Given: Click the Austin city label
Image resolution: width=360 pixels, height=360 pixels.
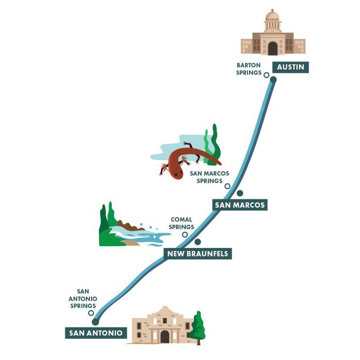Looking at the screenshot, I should coord(290,67).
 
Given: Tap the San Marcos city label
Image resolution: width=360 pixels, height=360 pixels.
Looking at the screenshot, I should coord(240,205).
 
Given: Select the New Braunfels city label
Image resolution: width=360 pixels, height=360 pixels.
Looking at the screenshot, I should coord(197,254).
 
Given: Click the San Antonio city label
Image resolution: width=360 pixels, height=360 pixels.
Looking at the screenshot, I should coord(96,333).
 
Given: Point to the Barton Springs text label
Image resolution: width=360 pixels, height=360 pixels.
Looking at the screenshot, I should coord(249,69).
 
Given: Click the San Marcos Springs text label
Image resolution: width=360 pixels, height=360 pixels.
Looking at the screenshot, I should coord(207,177).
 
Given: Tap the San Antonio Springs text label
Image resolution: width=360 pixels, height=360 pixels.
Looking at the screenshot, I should coord(83,299).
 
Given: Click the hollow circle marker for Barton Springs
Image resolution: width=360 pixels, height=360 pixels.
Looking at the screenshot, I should coord(266,75).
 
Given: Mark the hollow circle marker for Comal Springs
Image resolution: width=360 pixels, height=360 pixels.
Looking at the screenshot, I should coord(185,235).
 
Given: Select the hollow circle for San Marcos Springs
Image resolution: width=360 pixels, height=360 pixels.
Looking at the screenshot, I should coord(227,186).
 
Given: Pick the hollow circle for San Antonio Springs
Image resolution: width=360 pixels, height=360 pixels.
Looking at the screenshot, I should coord(91,313).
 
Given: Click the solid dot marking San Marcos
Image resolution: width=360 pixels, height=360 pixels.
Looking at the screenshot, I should coord(240,193).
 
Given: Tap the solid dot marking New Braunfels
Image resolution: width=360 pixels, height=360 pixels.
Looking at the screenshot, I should coord(198,242).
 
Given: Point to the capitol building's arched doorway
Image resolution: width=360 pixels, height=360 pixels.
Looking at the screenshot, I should coord(273,48).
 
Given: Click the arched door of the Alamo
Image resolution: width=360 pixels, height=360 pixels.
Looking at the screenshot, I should coord(165,336).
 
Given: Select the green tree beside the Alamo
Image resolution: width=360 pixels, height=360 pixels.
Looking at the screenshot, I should coord(198,326).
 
